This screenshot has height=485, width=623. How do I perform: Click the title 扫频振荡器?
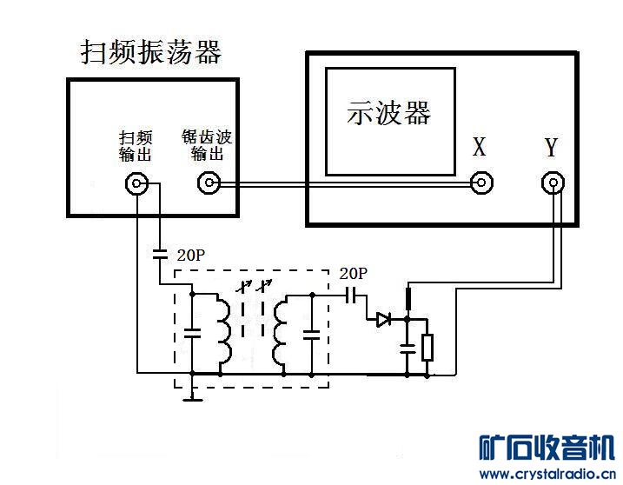[x=151, y=52]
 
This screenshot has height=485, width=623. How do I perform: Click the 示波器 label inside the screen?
[x=389, y=112]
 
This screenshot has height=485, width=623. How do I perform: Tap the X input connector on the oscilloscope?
[x=481, y=183]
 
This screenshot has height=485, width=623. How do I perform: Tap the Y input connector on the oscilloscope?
[x=553, y=183]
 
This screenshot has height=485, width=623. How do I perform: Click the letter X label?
[x=480, y=146]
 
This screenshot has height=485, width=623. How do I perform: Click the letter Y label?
[x=551, y=146]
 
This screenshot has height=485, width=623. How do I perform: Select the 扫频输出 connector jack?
[x=136, y=183]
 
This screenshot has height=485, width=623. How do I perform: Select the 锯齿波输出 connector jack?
[x=209, y=183]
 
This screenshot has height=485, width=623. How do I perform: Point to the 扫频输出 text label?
[x=136, y=146]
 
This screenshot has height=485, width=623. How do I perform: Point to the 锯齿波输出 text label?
[x=207, y=145]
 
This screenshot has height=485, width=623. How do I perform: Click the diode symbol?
[x=383, y=319]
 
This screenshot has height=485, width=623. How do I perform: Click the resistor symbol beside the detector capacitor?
[x=427, y=348]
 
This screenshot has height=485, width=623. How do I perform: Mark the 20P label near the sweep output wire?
[x=191, y=256]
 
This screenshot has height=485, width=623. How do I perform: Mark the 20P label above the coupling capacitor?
[x=354, y=274]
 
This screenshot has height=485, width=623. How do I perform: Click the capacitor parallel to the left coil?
[x=192, y=333]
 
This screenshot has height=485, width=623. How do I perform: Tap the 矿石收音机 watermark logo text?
[x=547, y=448]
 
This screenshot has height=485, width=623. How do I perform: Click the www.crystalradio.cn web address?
[x=547, y=474]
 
